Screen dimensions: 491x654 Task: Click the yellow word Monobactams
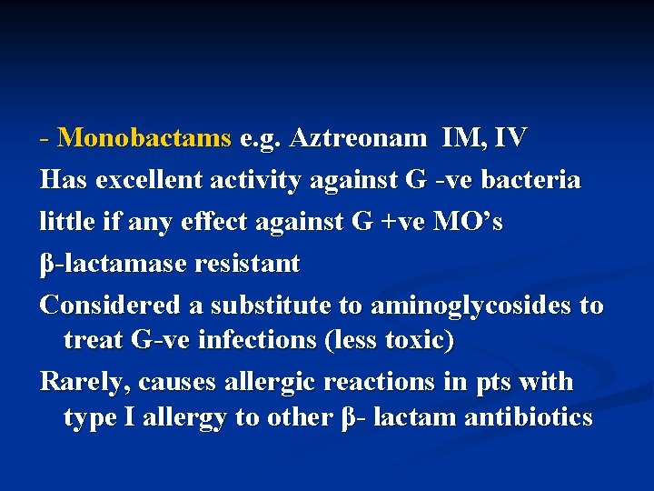pyautogui.click(x=144, y=138)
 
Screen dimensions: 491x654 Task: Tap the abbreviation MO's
pyautogui.click(x=470, y=222)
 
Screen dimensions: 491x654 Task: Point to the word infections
pyautogui.click(x=243, y=341)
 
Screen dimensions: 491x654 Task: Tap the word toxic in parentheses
pyautogui.click(x=417, y=341)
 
